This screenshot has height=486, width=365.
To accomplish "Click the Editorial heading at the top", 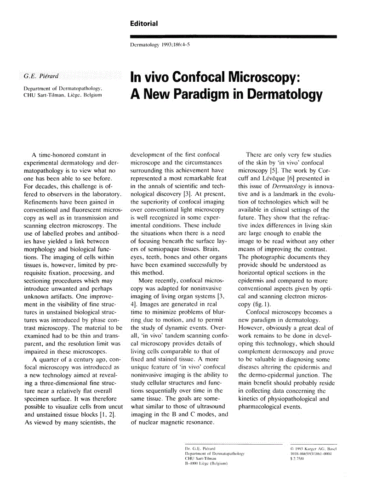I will [x=144, y=23].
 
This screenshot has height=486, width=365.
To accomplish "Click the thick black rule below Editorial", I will [x=234, y=36].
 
